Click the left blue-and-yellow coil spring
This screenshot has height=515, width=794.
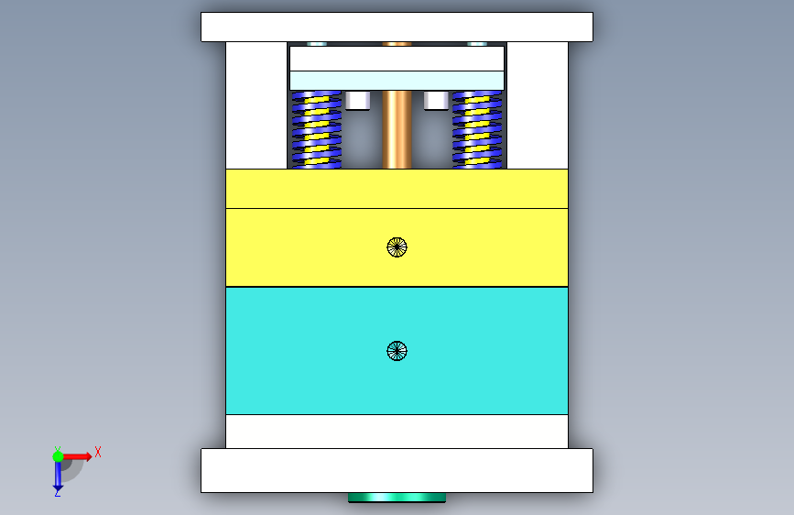point(316,129)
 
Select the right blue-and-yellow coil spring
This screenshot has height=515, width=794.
point(477,129)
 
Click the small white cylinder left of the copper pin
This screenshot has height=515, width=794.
point(357,100)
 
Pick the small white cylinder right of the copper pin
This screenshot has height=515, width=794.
point(436,100)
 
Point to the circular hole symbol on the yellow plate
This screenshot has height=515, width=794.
point(397,247)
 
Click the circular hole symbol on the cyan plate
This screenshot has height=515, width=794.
point(397,351)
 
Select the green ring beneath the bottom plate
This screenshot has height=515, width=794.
point(397,498)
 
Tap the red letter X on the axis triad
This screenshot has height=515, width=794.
point(97,452)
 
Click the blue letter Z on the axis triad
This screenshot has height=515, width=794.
point(57,492)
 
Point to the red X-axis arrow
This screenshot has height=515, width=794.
point(79,455)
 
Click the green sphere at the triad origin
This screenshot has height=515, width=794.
point(58,456)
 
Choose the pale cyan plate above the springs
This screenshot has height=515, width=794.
point(397,81)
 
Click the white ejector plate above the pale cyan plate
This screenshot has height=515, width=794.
point(397,59)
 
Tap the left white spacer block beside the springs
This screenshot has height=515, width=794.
point(256,105)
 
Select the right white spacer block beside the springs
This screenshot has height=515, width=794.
point(537,105)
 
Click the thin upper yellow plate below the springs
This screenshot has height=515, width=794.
point(397,189)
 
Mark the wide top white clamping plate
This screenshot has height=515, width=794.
point(397,27)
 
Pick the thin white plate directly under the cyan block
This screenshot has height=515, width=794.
point(397,431)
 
